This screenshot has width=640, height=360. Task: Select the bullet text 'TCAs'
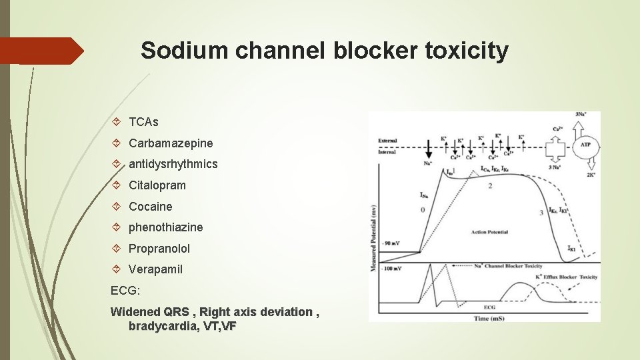(143, 122)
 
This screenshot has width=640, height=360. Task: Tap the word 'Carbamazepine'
(171, 143)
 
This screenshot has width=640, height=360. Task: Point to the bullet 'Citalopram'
(157, 185)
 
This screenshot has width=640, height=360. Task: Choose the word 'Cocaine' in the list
(150, 206)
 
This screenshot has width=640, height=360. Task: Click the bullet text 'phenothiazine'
(165, 227)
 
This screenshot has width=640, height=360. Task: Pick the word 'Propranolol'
(159, 248)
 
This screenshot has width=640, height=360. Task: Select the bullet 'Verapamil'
(155, 269)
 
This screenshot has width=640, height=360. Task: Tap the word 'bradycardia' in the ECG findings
(159, 326)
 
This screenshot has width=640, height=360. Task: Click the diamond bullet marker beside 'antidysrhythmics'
(117, 164)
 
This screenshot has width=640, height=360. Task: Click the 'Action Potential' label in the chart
(489, 232)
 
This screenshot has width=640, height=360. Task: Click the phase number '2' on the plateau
(490, 186)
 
